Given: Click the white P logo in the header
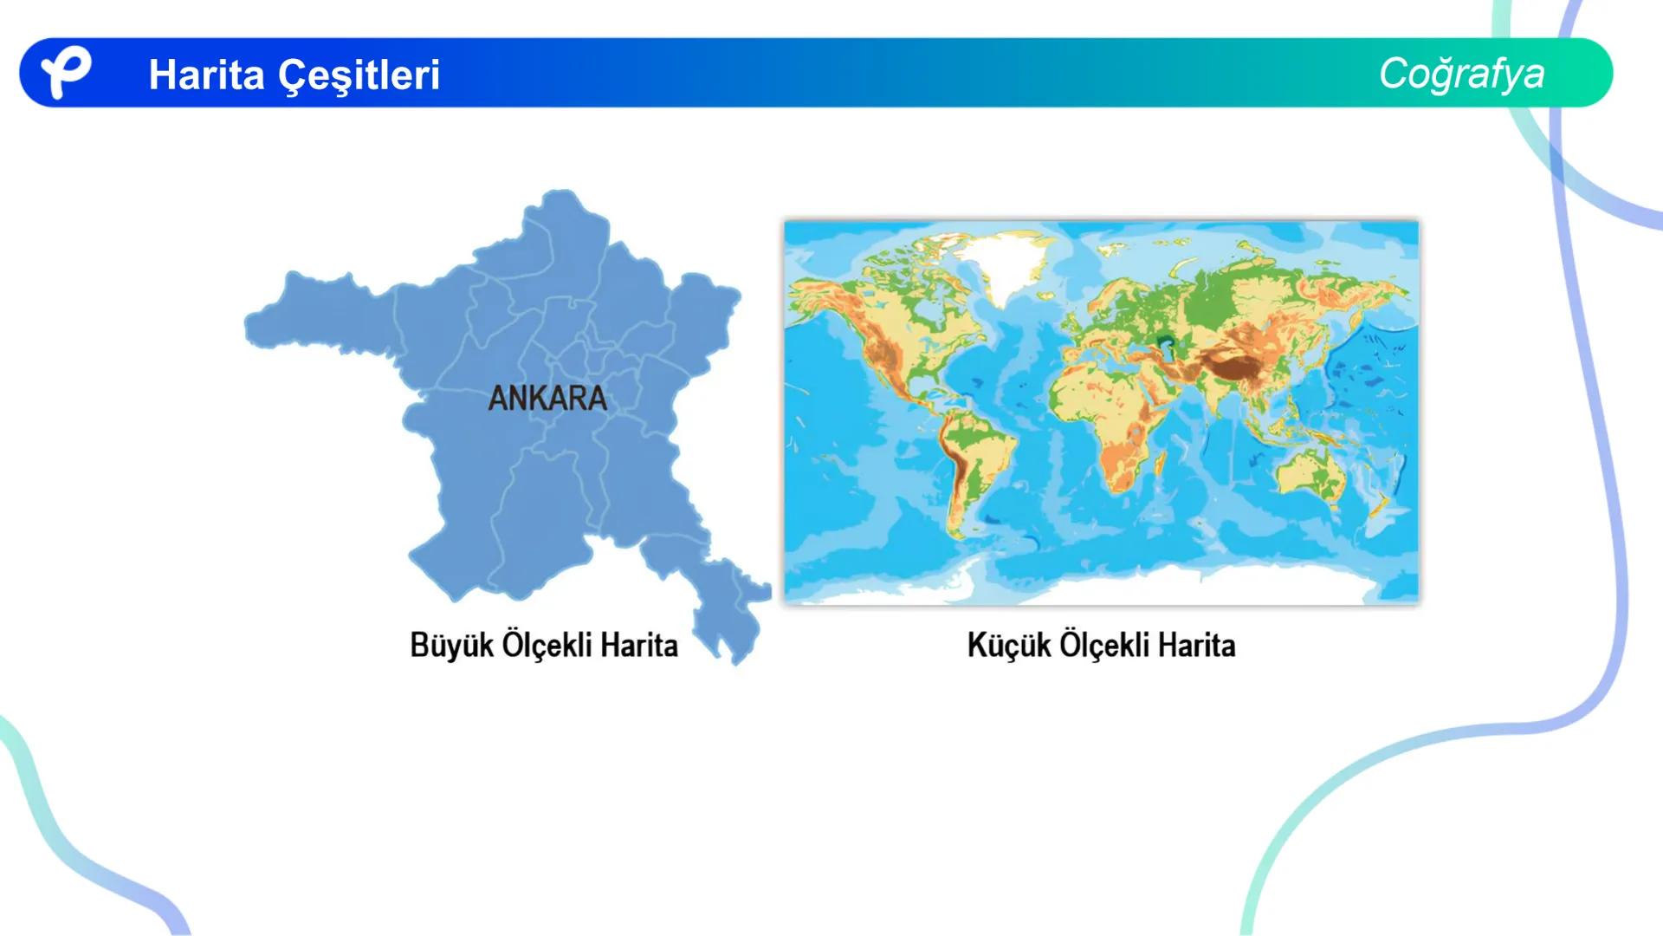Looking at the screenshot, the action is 65,72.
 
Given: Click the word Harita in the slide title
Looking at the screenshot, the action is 206,75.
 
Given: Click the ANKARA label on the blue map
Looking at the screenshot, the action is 547,399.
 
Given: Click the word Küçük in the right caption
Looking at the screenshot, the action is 1009,646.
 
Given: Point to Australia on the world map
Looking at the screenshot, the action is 1311,477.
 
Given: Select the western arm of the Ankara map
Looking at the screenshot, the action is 320,316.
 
